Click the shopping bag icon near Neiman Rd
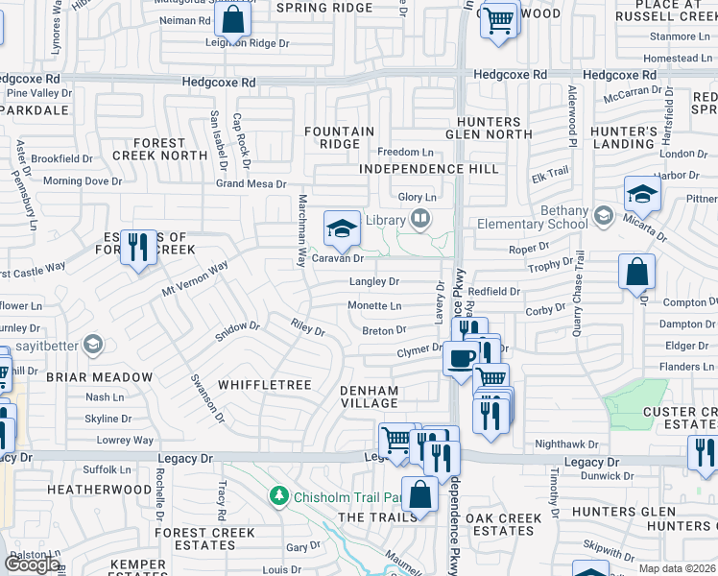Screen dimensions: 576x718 click(232, 18)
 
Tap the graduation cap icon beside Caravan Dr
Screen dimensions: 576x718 click(341, 228)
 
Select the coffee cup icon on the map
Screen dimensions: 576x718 click(460, 358)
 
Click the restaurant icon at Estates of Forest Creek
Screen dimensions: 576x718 click(138, 248)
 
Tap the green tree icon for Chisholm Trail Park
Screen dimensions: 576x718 click(278, 496)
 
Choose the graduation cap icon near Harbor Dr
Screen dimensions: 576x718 click(642, 195)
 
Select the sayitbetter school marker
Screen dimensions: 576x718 click(93, 343)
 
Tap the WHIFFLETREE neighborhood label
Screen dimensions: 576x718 click(264, 385)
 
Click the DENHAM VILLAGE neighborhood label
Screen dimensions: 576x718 click(382, 396)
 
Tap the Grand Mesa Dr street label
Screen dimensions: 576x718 click(251, 183)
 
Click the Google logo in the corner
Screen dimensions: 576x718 click(32, 564)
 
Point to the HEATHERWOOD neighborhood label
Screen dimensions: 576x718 click(100, 490)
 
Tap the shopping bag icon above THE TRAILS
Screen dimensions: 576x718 click(419, 495)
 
